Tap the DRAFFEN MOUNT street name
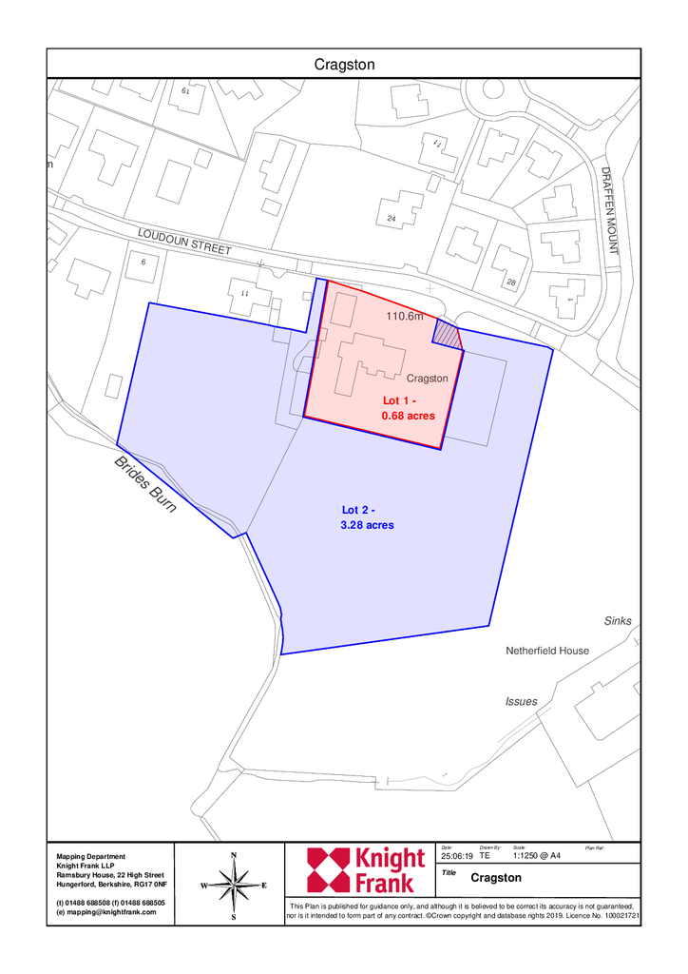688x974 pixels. click(x=610, y=210)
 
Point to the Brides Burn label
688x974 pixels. click(x=145, y=485)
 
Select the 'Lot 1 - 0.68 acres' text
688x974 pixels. click(x=408, y=409)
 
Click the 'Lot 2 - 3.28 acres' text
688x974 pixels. click(x=367, y=517)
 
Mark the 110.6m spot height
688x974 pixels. click(x=404, y=316)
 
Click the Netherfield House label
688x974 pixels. click(x=546, y=651)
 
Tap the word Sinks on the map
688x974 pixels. click(x=618, y=621)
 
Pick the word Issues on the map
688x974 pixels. click(x=521, y=701)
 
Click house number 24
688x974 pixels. click(x=391, y=220)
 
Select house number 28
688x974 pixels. click(x=511, y=283)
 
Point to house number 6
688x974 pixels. click(x=143, y=262)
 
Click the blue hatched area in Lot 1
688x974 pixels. click(x=447, y=334)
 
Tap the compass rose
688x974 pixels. click(x=234, y=885)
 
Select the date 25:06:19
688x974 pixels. click(x=456, y=856)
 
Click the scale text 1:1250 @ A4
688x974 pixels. click(x=536, y=856)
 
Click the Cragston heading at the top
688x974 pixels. click(x=344, y=64)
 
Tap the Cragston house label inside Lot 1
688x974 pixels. click(x=427, y=379)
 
